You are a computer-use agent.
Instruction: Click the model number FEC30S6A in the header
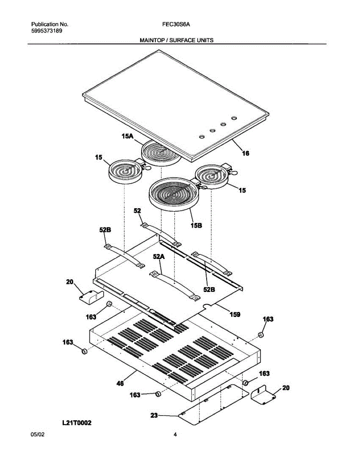pyautogui.click(x=177, y=24)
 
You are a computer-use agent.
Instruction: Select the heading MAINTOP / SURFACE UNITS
pyautogui.click(x=176, y=40)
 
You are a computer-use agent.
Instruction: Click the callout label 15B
pyautogui.click(x=196, y=226)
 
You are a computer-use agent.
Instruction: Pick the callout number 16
pyautogui.click(x=246, y=153)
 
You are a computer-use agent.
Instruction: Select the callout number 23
pyautogui.click(x=154, y=415)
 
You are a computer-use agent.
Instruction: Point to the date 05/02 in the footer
pyautogui.click(x=37, y=434)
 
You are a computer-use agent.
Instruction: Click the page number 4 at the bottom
pyautogui.click(x=175, y=434)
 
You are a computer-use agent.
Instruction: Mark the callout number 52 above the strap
pyautogui.click(x=137, y=211)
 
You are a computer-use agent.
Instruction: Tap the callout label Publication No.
pyautogui.click(x=50, y=24)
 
